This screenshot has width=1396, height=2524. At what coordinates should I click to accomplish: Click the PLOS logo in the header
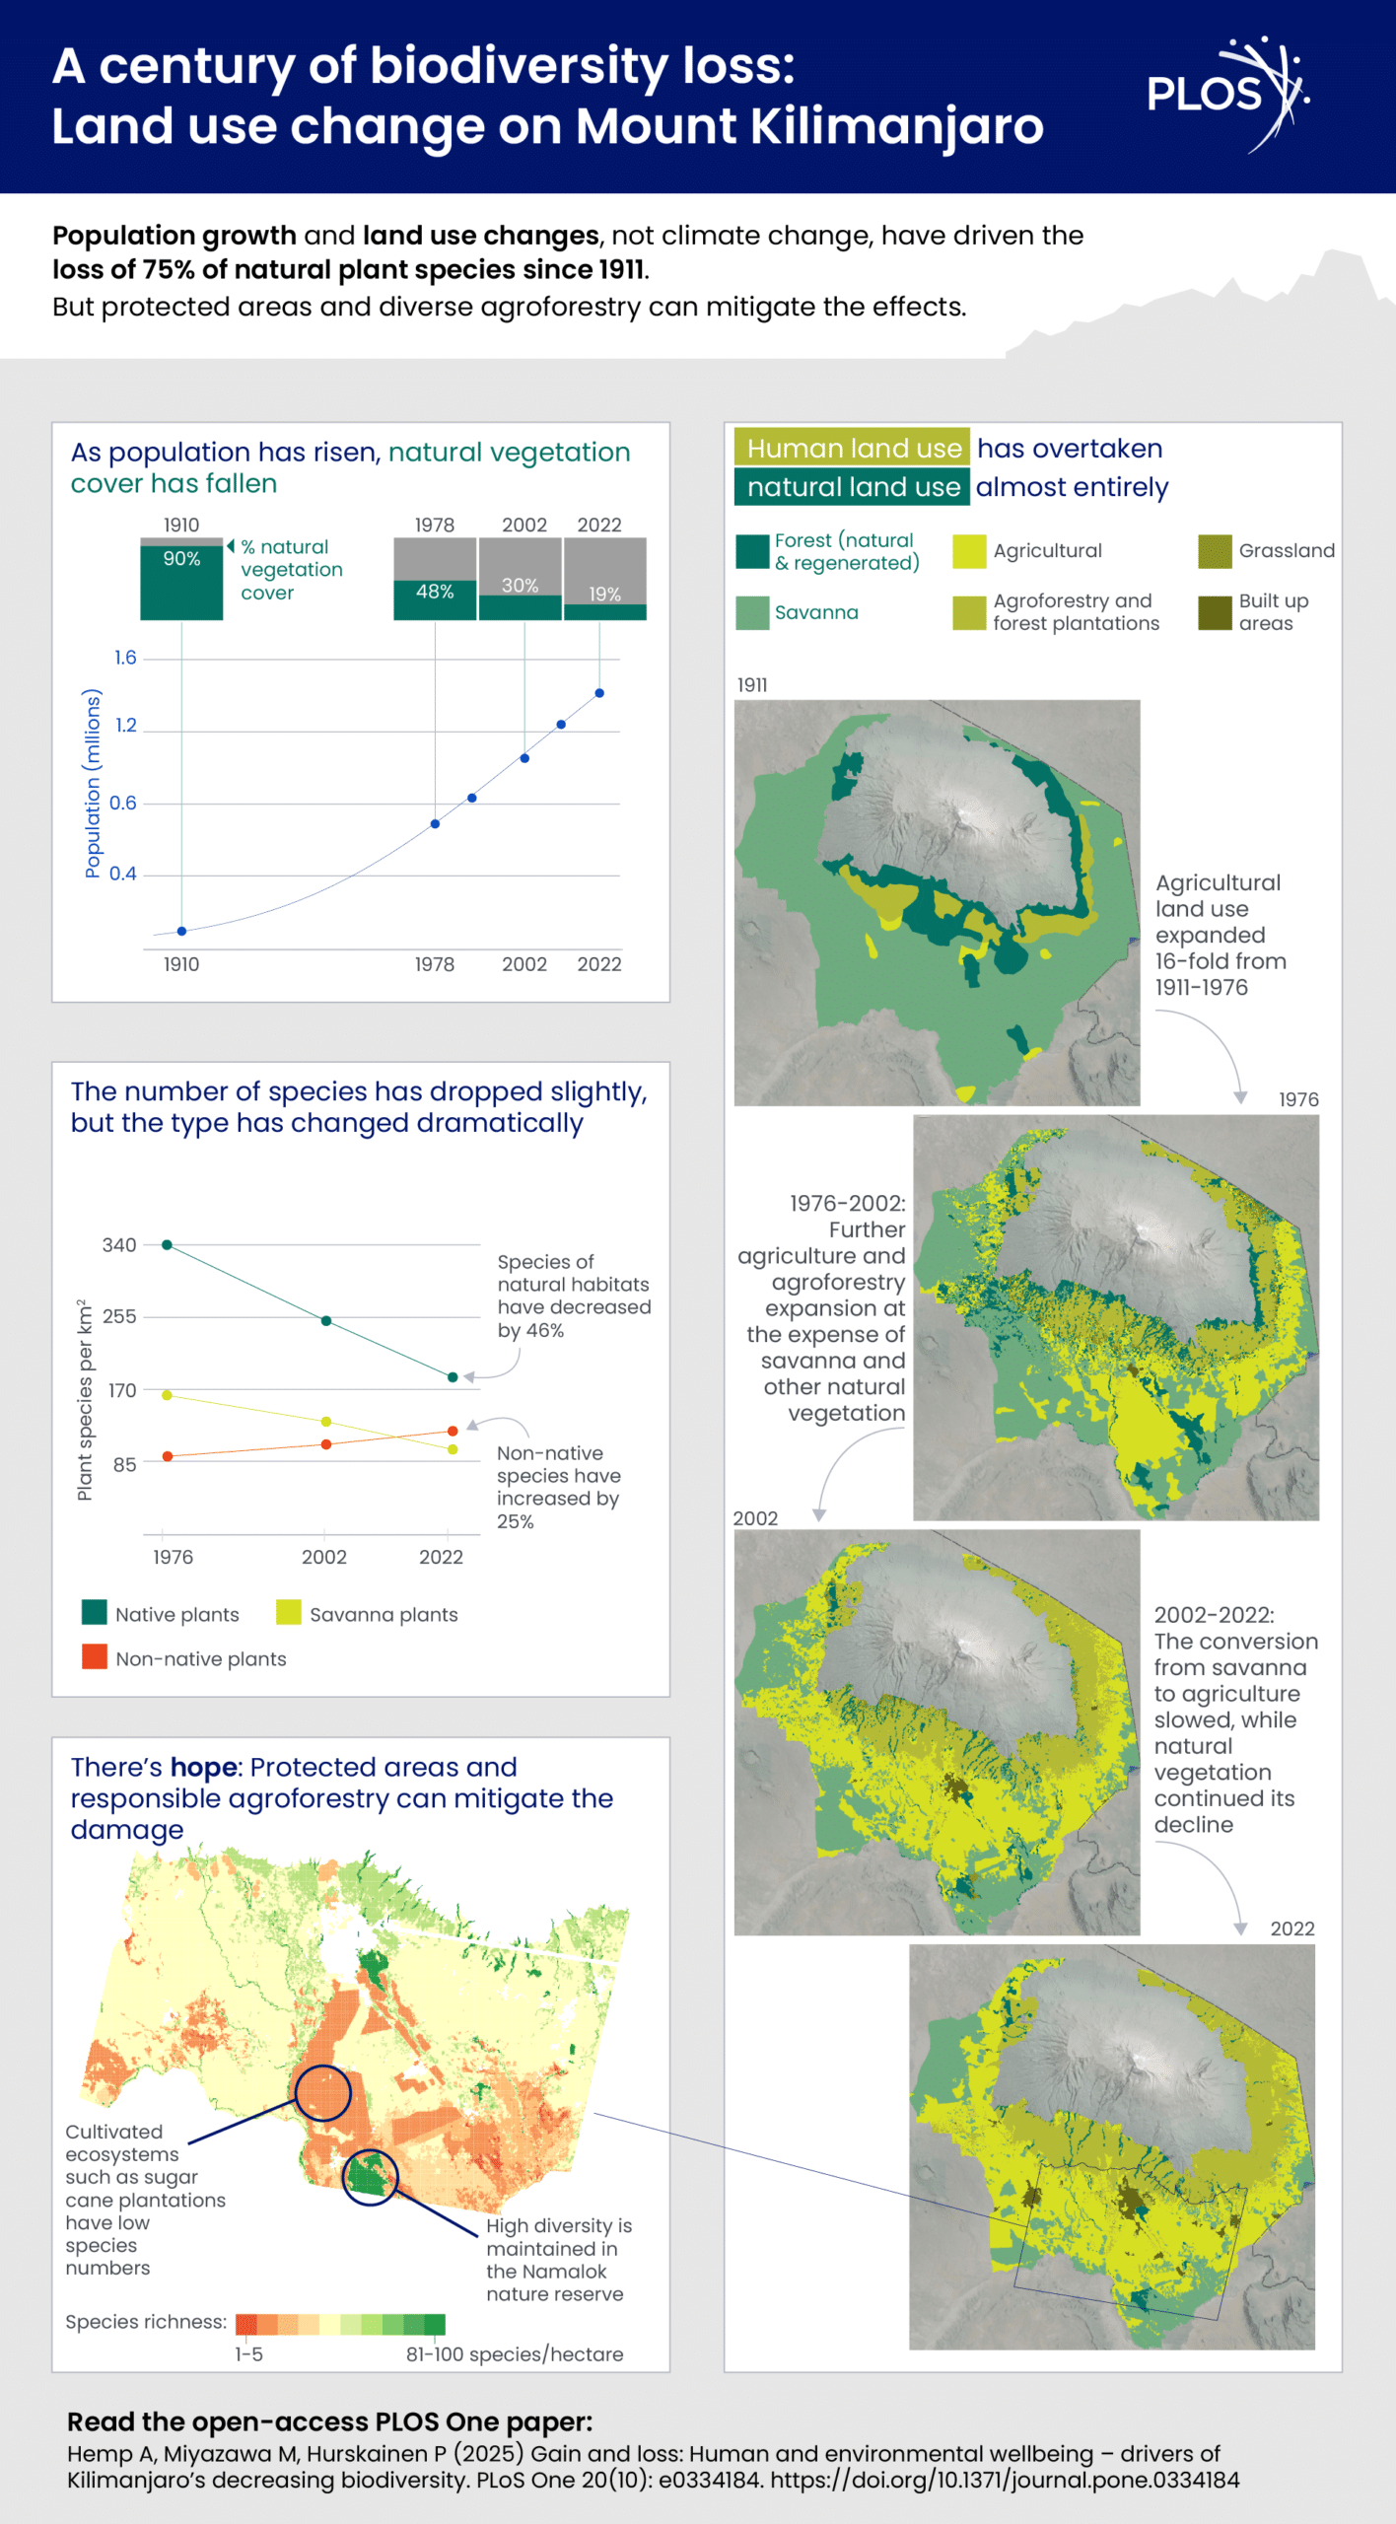pos(1226,95)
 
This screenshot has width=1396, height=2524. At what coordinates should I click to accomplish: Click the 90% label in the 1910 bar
pos(181,559)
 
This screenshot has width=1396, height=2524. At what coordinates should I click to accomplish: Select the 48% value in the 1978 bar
pos(435,592)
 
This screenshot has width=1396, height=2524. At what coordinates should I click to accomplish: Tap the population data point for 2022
pos(599,693)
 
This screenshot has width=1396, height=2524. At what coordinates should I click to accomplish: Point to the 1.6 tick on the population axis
pos(125,658)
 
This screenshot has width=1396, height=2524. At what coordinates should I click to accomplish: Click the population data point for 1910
pos(181,931)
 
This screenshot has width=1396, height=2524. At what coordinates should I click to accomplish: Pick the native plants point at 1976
pos(167,1245)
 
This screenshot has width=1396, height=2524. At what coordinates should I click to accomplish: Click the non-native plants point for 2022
pos(453,1431)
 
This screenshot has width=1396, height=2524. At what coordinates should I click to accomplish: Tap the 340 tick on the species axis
pos(119,1245)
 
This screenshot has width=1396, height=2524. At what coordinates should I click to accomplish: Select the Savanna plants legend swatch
pos(288,1613)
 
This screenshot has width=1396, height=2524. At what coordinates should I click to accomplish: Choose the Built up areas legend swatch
pos(1215,612)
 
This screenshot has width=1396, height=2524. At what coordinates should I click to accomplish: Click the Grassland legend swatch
pos(1215,551)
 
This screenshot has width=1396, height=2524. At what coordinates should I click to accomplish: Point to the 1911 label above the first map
pos(752,685)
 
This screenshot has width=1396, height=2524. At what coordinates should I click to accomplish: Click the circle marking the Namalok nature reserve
pos(370,2177)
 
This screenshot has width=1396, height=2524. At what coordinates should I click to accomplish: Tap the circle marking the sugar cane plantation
pos(322,2092)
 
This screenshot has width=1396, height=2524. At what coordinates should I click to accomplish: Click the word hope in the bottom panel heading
pos(203,1767)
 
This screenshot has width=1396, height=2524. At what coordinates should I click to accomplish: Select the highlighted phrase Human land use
pos(853,449)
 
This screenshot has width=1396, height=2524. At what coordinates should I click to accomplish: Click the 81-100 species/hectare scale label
pos(515,2354)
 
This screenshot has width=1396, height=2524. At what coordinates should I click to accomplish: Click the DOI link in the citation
pos(1005,2480)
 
